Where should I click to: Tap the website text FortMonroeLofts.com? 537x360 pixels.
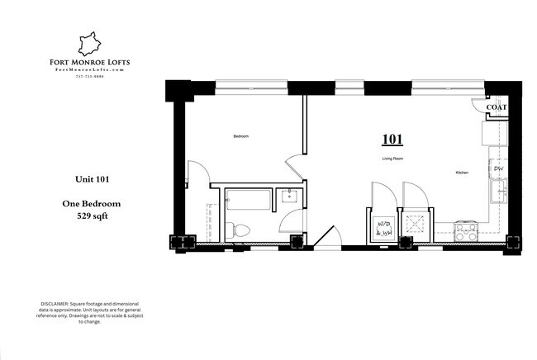(88, 70)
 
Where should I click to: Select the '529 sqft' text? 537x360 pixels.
(87, 216)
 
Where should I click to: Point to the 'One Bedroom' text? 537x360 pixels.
(87, 203)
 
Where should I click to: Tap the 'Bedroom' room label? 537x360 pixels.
(240, 135)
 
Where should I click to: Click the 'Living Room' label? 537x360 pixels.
(392, 157)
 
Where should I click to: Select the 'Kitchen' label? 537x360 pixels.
(463, 173)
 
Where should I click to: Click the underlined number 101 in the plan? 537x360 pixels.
(392, 139)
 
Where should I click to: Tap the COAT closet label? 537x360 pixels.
(496, 107)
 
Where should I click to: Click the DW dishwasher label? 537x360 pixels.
(498, 168)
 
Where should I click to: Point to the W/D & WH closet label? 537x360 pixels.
(384, 229)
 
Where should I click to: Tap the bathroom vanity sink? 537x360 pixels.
(290, 197)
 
